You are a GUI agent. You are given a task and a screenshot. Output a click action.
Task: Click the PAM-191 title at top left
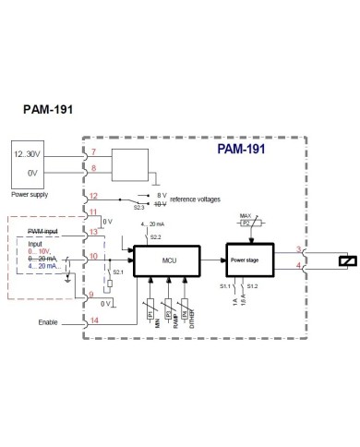tap(47, 107)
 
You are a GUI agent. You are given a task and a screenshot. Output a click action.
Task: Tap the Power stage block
tap(245, 260)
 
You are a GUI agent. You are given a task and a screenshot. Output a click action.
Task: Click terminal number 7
tap(92, 152)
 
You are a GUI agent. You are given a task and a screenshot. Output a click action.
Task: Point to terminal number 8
tap(92, 168)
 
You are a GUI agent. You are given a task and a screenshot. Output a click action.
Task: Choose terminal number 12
tap(93, 197)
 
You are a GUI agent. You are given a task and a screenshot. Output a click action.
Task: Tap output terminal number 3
tap(297, 250)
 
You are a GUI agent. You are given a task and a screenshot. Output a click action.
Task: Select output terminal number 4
tap(297, 267)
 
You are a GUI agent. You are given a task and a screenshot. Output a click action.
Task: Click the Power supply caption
tap(30, 195)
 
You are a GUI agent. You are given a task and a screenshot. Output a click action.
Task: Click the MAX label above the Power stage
tap(245, 216)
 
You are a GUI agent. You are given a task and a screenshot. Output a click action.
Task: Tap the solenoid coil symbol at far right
tap(344, 260)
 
